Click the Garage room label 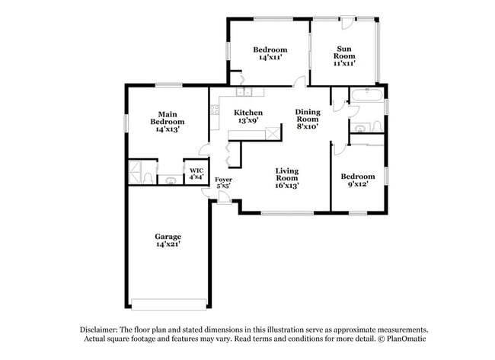[x=168, y=241]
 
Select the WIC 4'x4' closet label [x=196, y=174]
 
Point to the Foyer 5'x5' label [x=224, y=183]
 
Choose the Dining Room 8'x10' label [x=308, y=119]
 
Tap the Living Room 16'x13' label [x=287, y=178]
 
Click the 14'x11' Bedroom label [x=270, y=53]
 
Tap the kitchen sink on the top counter [x=244, y=93]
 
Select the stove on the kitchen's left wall [x=215, y=109]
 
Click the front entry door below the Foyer [x=223, y=198]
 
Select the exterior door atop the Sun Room [x=346, y=21]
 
